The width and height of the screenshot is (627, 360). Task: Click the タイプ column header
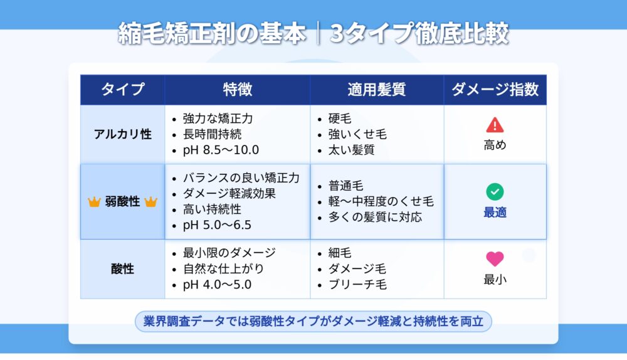click(x=122, y=89)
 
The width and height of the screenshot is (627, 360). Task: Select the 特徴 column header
click(x=238, y=89)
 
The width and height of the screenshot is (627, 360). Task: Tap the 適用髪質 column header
click(x=377, y=89)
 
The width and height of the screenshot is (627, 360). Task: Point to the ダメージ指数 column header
click(x=495, y=89)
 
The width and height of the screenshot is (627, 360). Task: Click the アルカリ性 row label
click(x=122, y=134)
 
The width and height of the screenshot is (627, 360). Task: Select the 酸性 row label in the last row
click(x=122, y=269)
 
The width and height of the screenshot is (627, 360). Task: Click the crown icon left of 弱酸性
click(x=94, y=201)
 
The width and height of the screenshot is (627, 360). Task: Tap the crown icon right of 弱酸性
click(x=150, y=201)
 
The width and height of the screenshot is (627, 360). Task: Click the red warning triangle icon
click(x=495, y=125)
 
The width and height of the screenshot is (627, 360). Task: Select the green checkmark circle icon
click(x=495, y=191)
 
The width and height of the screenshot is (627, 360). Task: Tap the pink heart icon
click(x=495, y=259)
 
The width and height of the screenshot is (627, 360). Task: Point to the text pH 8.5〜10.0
click(x=221, y=150)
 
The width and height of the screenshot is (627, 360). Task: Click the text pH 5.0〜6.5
click(x=217, y=225)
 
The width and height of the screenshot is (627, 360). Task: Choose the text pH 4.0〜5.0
click(x=217, y=284)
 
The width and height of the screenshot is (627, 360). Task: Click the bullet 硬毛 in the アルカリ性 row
click(x=340, y=119)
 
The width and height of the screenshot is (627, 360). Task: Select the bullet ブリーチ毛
click(x=357, y=284)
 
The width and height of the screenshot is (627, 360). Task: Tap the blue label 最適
click(x=495, y=213)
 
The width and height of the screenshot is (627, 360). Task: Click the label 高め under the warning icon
click(x=495, y=145)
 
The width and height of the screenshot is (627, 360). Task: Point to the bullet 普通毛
click(x=346, y=186)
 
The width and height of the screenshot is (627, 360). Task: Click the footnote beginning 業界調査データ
click(x=313, y=321)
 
